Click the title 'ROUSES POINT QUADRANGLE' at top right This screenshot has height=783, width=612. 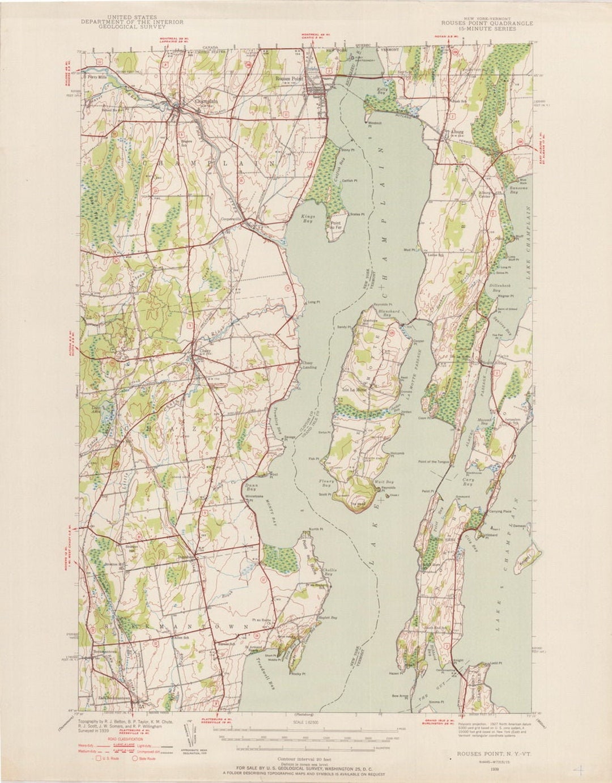click(487, 23)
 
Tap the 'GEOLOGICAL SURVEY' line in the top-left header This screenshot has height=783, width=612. click(132, 27)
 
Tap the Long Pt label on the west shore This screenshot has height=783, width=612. click(312, 302)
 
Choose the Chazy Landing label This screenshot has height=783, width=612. click(309, 365)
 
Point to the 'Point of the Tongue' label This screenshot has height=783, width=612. click(433, 462)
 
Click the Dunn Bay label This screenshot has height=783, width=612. click(250, 487)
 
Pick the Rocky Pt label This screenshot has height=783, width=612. click(298, 674)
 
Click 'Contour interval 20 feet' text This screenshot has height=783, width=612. click(306, 758)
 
